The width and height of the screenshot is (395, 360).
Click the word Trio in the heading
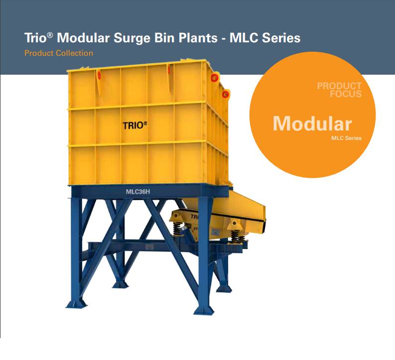pyautogui.click(x=35, y=38)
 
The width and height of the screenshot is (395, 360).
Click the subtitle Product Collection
pyautogui.click(x=59, y=53)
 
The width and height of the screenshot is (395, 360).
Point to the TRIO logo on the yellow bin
pyautogui.click(x=135, y=125)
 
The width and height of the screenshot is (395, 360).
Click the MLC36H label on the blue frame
pyautogui.click(x=138, y=192)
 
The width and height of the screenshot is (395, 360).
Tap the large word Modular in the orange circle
pyautogui.click(x=312, y=123)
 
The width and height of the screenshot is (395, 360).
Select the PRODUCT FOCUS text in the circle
pyautogui.click(x=339, y=90)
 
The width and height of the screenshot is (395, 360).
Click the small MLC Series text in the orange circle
pyautogui.click(x=346, y=138)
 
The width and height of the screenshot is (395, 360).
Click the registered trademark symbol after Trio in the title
pyautogui.click(x=50, y=35)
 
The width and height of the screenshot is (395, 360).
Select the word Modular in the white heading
pyautogui.click(x=83, y=38)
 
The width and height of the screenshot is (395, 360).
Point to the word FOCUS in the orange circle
pyautogui.click(x=346, y=94)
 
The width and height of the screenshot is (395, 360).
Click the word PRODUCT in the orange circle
pyautogui.click(x=339, y=86)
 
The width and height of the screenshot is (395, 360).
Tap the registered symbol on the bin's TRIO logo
pyautogui.click(x=145, y=123)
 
